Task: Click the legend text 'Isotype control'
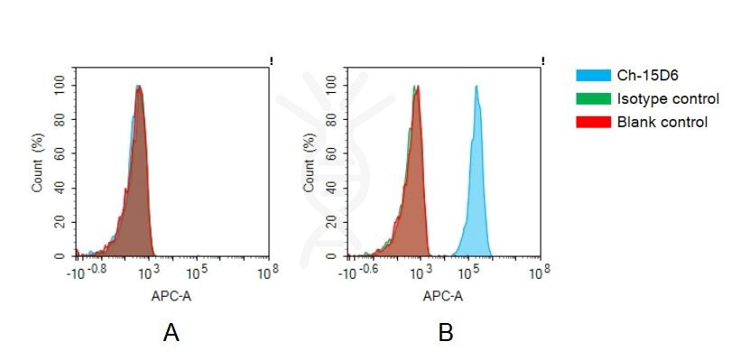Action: [668, 98]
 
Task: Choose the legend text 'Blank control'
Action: [662, 122]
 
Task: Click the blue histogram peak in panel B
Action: [476, 90]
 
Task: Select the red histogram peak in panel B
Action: [416, 90]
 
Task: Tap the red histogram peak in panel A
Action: [139, 90]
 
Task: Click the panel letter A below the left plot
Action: [171, 334]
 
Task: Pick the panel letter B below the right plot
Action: [445, 334]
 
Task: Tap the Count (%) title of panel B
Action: [310, 170]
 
